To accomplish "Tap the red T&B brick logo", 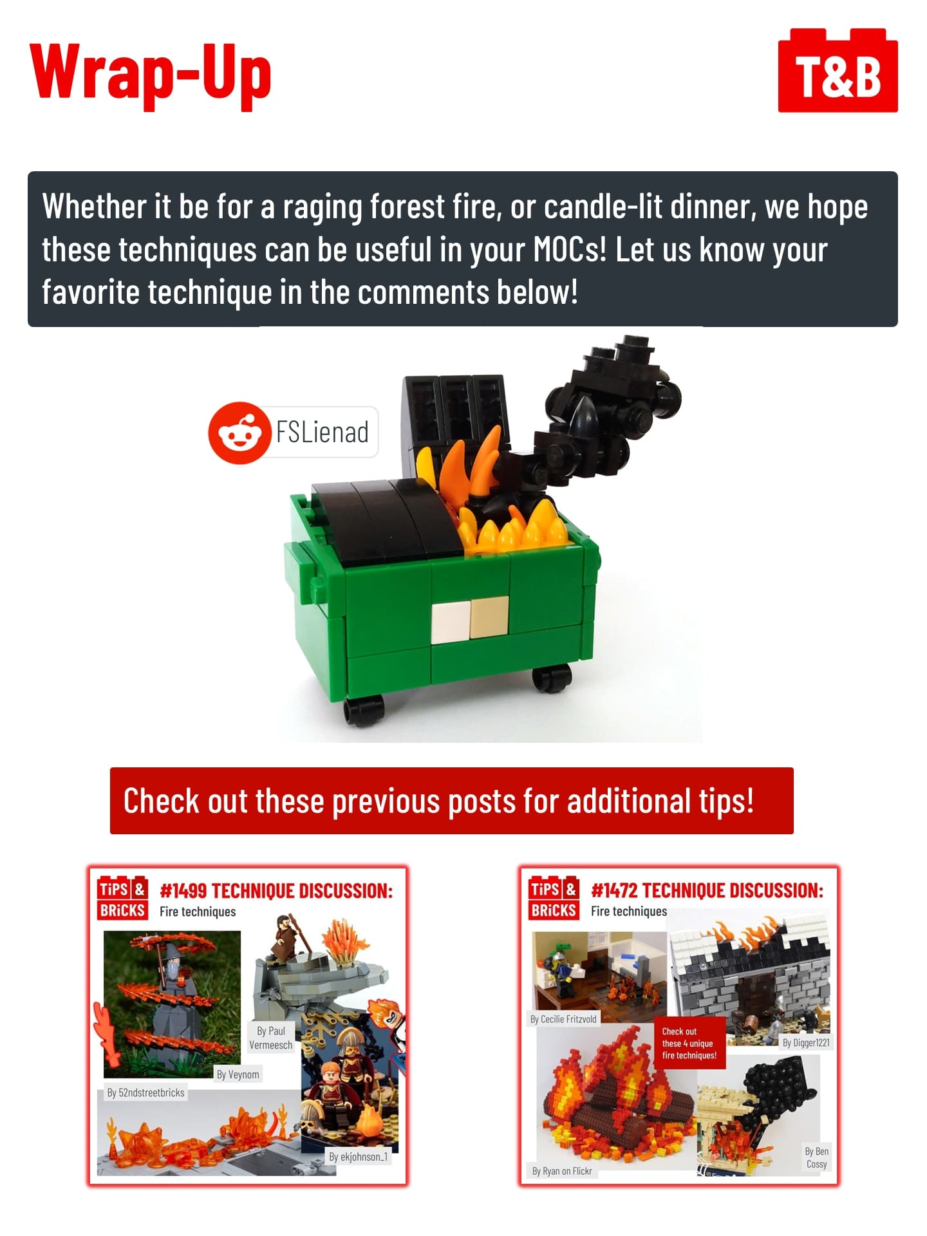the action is [x=838, y=71].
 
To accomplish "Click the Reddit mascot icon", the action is [x=239, y=433].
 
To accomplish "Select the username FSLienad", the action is [x=323, y=432].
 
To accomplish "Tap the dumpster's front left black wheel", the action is [x=364, y=710].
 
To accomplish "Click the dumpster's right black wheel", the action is [x=552, y=677].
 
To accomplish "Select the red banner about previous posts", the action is [x=451, y=801].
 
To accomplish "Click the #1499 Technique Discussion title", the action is [x=276, y=891].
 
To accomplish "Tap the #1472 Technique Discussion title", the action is [x=707, y=891].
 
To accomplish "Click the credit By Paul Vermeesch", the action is [x=271, y=1038].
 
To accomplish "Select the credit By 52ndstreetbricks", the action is [x=146, y=1092].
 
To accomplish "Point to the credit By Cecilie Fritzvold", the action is [x=564, y=1019].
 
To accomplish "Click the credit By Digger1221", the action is [x=806, y=1043].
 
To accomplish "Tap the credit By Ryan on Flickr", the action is [x=562, y=1171].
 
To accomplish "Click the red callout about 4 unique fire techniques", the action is [x=689, y=1043].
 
